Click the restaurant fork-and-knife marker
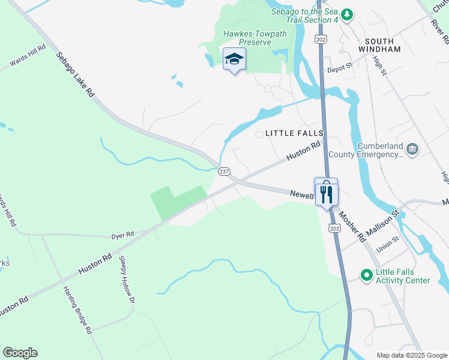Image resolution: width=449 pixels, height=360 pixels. coord(326,193)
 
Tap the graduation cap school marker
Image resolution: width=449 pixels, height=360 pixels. coord(234,59)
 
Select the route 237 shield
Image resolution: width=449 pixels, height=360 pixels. coord(223,172)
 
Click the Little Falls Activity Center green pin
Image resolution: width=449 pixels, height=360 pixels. coord(366,275)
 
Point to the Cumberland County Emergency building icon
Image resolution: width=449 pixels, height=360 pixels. coord(412,149)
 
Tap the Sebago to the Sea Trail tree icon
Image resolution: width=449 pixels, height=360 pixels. coord(346,14)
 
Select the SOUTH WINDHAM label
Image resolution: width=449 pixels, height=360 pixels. coord(379,49)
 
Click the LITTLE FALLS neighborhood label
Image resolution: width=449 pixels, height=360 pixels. coord(295,133)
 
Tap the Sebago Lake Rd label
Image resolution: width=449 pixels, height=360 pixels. coord(76,74)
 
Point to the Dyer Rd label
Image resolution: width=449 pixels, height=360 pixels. coord(122,235)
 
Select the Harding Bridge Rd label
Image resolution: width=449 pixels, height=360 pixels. coord(77,309)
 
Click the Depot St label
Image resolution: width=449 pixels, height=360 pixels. coord(339,70)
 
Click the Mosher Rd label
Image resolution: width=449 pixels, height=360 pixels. coord(351,226)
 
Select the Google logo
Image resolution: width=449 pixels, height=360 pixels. coord(20,353)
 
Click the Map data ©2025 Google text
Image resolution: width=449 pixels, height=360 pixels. coord(411,355)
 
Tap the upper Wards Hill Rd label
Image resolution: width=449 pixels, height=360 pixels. coord(28,56)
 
